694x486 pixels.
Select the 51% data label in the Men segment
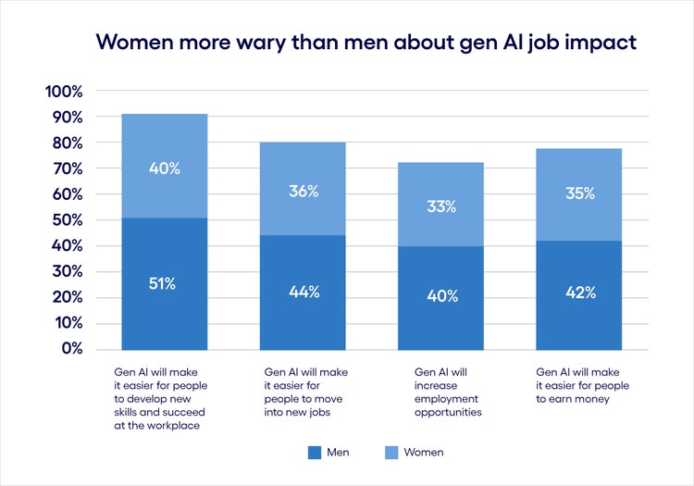coord(164,283)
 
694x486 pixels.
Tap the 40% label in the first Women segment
coord(164,168)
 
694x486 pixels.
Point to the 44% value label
coord(303,292)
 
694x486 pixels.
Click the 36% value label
coord(303,192)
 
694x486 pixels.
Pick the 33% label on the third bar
coord(440,206)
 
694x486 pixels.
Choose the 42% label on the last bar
coord(578,292)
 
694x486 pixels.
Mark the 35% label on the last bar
coord(578,194)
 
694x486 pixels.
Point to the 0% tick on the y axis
coord(71,349)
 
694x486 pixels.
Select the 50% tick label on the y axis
coord(68,220)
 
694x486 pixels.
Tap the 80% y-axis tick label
coord(68,143)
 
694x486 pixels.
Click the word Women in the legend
coord(425,453)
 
